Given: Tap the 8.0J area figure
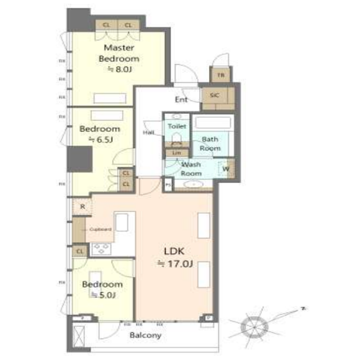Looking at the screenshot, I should click(x=120, y=70).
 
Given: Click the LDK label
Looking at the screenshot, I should click(x=174, y=252).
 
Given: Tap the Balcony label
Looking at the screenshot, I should click(x=145, y=335).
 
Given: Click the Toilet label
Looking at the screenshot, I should click(x=177, y=126).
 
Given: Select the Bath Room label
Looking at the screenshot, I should click(x=210, y=143).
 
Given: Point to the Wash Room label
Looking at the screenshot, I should click(x=191, y=169).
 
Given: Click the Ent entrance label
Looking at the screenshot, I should click(x=181, y=100).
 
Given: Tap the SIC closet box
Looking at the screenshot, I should click(x=214, y=96).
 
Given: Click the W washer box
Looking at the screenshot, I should click(x=226, y=169).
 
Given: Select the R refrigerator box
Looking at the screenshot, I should click(x=82, y=206).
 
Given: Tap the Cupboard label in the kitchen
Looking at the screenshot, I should click(x=101, y=229).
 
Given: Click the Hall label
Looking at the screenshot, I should click(x=149, y=132).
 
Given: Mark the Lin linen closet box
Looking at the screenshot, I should click(x=177, y=153).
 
